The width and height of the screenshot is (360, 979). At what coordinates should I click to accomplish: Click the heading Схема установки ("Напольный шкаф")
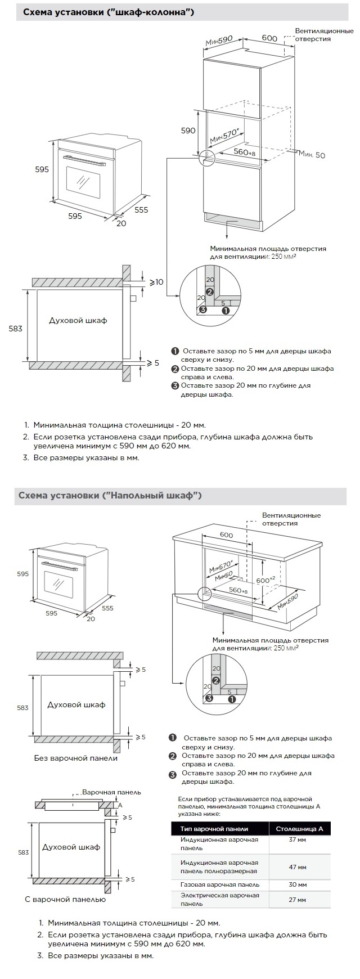pyautogui.click(x=110, y=495)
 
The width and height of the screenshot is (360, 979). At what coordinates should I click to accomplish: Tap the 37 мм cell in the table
pyautogui.click(x=297, y=839)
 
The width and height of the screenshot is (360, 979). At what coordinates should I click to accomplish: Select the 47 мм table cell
pyautogui.click(x=297, y=866)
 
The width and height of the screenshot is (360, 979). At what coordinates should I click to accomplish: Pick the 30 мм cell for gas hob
pyautogui.click(x=297, y=884)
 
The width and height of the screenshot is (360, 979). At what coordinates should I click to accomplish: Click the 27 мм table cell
pyautogui.click(x=297, y=899)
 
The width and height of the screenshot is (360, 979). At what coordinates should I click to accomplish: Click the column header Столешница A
pyautogui.click(x=299, y=828)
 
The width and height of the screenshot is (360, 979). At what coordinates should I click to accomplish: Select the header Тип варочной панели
pyautogui.click(x=214, y=828)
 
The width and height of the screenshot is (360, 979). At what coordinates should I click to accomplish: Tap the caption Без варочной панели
pyautogui.click(x=76, y=758)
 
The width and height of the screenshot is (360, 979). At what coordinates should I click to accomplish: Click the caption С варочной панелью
pyautogui.click(x=65, y=899)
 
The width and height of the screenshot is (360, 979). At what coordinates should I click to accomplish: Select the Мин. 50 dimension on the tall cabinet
pyautogui.click(x=312, y=154)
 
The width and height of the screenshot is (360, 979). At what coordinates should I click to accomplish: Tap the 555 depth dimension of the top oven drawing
pyautogui.click(x=141, y=209)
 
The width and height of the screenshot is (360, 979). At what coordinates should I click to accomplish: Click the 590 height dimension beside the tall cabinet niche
pyautogui.click(x=188, y=131)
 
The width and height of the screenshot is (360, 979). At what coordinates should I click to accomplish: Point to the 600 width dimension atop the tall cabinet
pyautogui.click(x=269, y=38)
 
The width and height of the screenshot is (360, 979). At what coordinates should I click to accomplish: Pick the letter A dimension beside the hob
pyautogui.click(x=120, y=805)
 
